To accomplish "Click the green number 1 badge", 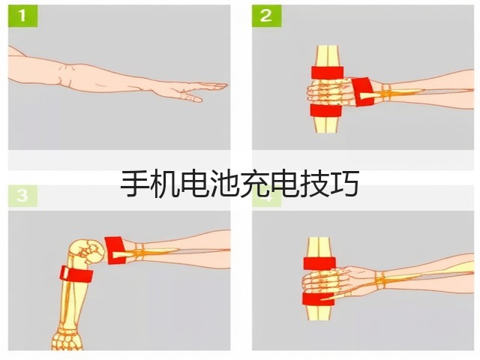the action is [22, 16].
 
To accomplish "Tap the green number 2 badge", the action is [266, 16].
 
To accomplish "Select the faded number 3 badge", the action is [22, 196].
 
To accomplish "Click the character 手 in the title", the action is [135, 184].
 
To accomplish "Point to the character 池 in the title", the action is [225, 184].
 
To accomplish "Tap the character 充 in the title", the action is [255, 184].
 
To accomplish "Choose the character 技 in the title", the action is [315, 184].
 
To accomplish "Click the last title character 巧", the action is [345, 184].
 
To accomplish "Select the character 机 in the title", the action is [165, 184].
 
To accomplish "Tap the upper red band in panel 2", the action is [328, 72].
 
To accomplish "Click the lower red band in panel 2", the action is [325, 110].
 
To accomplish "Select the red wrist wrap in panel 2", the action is [362, 92].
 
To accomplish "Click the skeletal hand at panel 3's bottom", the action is [67, 340].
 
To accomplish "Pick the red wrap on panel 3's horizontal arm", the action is [115, 250].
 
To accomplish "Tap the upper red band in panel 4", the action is [319, 263].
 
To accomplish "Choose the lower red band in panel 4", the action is [318, 299].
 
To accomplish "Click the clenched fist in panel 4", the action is [325, 281].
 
